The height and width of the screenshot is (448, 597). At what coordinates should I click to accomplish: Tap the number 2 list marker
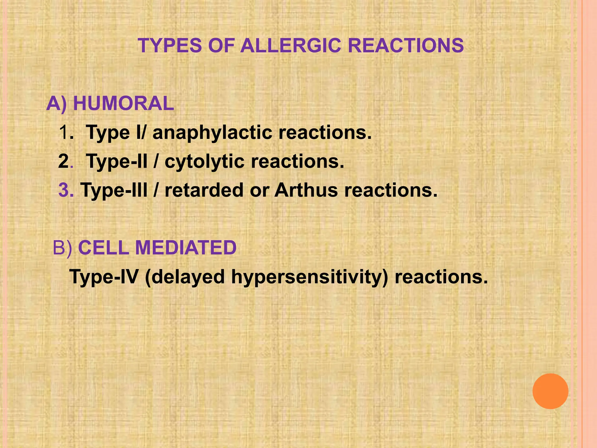64,161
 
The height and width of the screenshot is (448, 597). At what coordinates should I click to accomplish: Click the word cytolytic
204,162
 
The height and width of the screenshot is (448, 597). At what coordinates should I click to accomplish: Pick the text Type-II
117,162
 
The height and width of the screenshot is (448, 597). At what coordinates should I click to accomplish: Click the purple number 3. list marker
66,190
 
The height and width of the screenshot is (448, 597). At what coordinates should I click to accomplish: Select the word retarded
204,190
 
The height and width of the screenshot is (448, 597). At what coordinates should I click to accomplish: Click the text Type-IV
103,276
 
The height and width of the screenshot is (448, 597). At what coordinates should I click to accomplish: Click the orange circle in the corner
550,391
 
